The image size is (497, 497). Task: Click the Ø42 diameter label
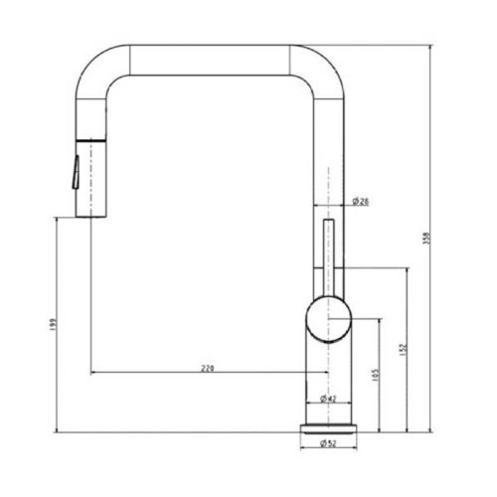pyautogui.click(x=328, y=399)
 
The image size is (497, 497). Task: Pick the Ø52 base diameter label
pyautogui.click(x=328, y=443)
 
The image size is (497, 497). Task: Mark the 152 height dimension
pyautogui.click(x=401, y=350)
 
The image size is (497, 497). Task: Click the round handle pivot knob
pyautogui.click(x=328, y=318)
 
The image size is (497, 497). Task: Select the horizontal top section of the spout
pyautogui.click(x=209, y=57)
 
